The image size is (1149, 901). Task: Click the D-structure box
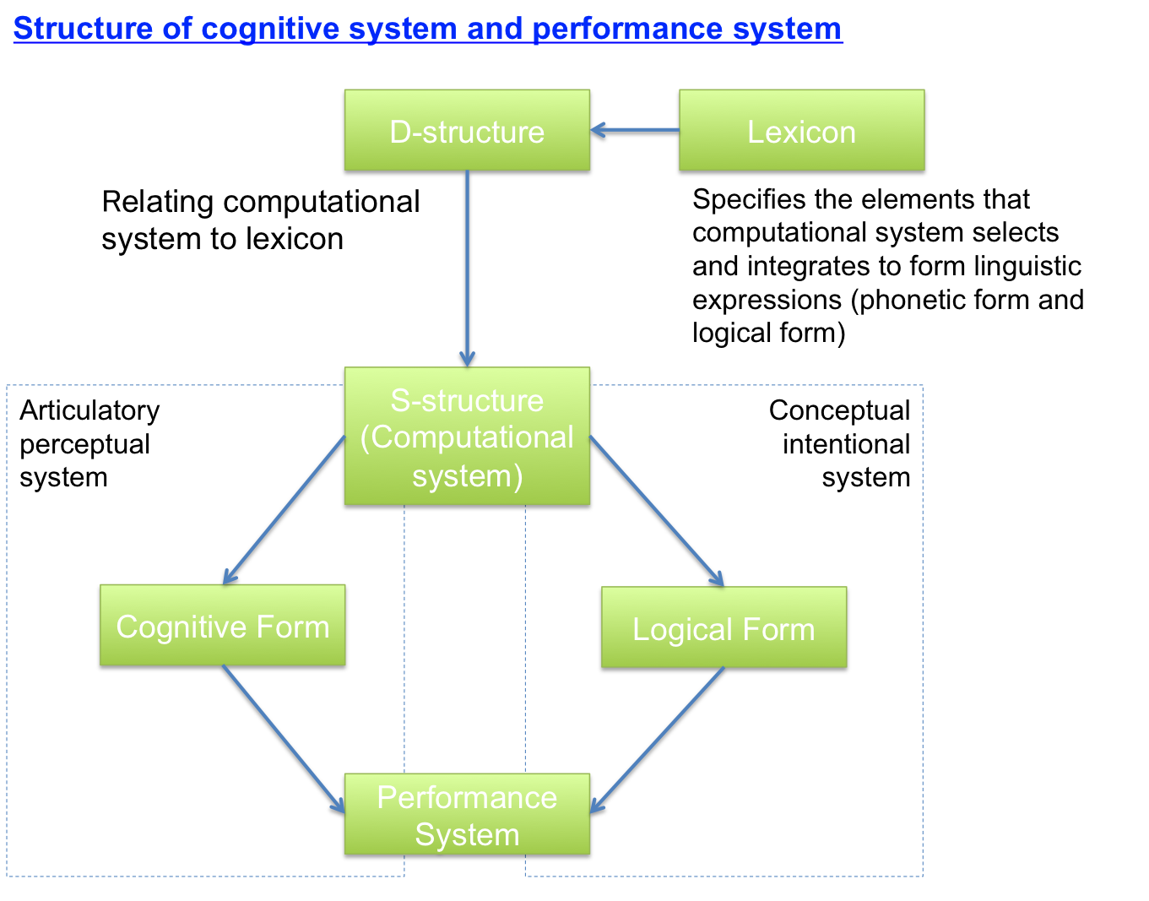tap(467, 131)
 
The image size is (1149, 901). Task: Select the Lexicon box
tap(801, 131)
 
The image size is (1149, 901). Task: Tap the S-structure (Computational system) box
tap(467, 437)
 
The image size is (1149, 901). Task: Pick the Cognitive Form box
tap(222, 626)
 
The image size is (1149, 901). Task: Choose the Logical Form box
tap(724, 628)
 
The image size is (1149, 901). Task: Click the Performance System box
tap(467, 815)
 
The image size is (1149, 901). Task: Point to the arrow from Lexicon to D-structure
tap(635, 130)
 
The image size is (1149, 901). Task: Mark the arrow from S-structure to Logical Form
tap(657, 512)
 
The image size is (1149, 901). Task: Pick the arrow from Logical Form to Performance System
tap(657, 741)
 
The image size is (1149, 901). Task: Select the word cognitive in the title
tap(270, 29)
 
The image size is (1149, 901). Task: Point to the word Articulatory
tap(89, 410)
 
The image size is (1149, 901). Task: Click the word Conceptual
tap(839, 410)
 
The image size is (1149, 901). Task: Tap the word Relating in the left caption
tap(157, 203)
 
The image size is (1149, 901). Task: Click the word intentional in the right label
tap(846, 444)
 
